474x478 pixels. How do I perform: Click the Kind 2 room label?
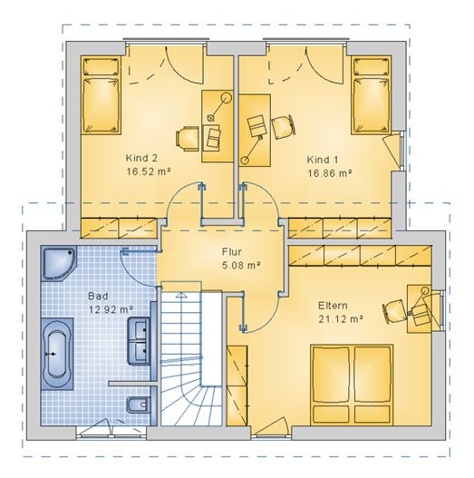[141, 158]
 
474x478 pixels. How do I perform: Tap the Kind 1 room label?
[323, 160]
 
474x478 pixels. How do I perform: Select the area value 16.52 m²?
[149, 171]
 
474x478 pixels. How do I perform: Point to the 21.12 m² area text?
[341, 319]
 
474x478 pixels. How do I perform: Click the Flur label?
[232, 252]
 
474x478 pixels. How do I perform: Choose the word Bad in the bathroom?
[98, 296]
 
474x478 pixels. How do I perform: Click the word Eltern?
[333, 306]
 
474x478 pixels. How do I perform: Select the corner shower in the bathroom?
[59, 264]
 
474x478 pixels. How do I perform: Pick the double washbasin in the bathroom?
[140, 341]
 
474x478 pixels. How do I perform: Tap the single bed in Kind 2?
[101, 95]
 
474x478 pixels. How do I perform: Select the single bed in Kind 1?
[371, 95]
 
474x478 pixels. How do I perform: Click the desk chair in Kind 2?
[188, 140]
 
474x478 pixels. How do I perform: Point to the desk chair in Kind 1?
[284, 126]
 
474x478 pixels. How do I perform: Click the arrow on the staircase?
[181, 294]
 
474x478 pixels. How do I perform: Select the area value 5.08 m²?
[242, 266]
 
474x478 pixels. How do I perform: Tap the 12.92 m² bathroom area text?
[111, 309]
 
